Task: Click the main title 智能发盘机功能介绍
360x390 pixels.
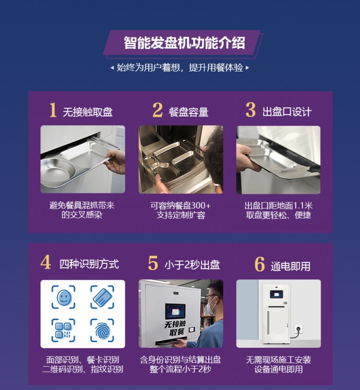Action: (184, 43)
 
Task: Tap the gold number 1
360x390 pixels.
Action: (53, 110)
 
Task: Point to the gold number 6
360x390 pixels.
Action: (260, 264)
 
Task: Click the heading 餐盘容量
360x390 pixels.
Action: (189, 112)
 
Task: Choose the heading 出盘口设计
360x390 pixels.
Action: (287, 112)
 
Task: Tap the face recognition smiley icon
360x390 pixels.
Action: (63, 297)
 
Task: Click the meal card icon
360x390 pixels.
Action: (102, 297)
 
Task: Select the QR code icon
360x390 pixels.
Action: (63, 331)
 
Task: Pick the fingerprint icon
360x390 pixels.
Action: (102, 331)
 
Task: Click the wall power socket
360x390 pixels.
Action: (299, 330)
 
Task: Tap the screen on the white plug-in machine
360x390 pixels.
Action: (276, 294)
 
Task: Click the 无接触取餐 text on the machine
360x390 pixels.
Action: (175, 328)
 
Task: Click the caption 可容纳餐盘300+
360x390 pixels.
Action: (180, 206)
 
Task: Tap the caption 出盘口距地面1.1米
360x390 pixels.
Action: (278, 206)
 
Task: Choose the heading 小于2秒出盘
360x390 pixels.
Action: (192, 265)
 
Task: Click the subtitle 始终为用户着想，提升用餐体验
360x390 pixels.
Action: (180, 68)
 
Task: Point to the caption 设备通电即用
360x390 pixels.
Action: (278, 369)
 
